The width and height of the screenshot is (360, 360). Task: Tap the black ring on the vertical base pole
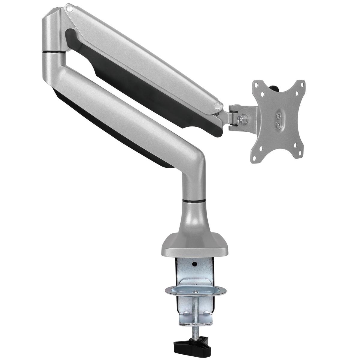coord(193,200)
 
